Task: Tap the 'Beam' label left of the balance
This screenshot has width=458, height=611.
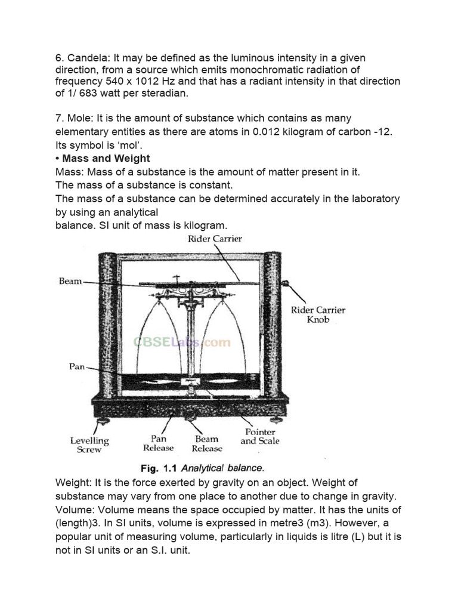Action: click(x=70, y=281)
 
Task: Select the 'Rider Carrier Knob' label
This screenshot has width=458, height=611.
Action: click(x=318, y=314)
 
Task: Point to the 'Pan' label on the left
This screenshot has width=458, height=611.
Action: click(x=77, y=366)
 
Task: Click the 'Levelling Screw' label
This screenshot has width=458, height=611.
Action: click(x=89, y=445)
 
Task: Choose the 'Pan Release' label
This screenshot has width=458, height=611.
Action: click(x=158, y=443)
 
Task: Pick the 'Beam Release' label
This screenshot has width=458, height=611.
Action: click(x=206, y=443)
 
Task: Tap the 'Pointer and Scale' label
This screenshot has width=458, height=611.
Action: click(x=259, y=436)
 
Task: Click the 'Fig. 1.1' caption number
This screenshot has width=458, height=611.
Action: click(x=158, y=468)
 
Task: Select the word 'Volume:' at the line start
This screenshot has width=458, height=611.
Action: click(x=75, y=510)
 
